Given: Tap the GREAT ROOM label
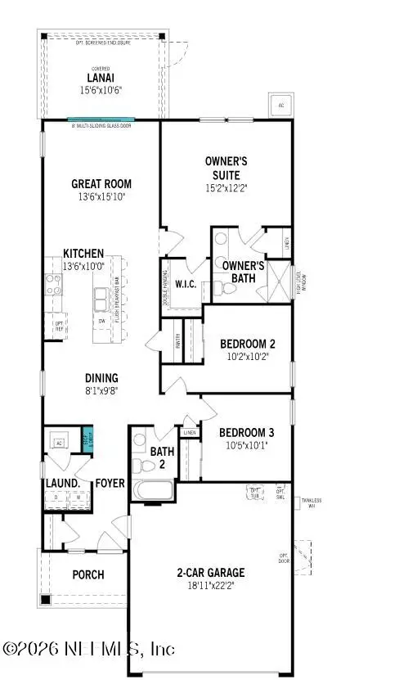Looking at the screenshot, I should [x=101, y=184].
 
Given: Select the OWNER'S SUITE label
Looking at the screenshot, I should [x=226, y=168].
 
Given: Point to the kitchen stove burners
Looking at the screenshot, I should [x=52, y=284].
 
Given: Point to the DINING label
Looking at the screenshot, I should [x=101, y=378].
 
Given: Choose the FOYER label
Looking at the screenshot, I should [x=110, y=484].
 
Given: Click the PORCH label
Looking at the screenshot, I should [x=87, y=574].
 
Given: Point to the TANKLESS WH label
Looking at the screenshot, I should [x=311, y=502].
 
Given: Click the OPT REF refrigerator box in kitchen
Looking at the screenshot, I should [x=59, y=326].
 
